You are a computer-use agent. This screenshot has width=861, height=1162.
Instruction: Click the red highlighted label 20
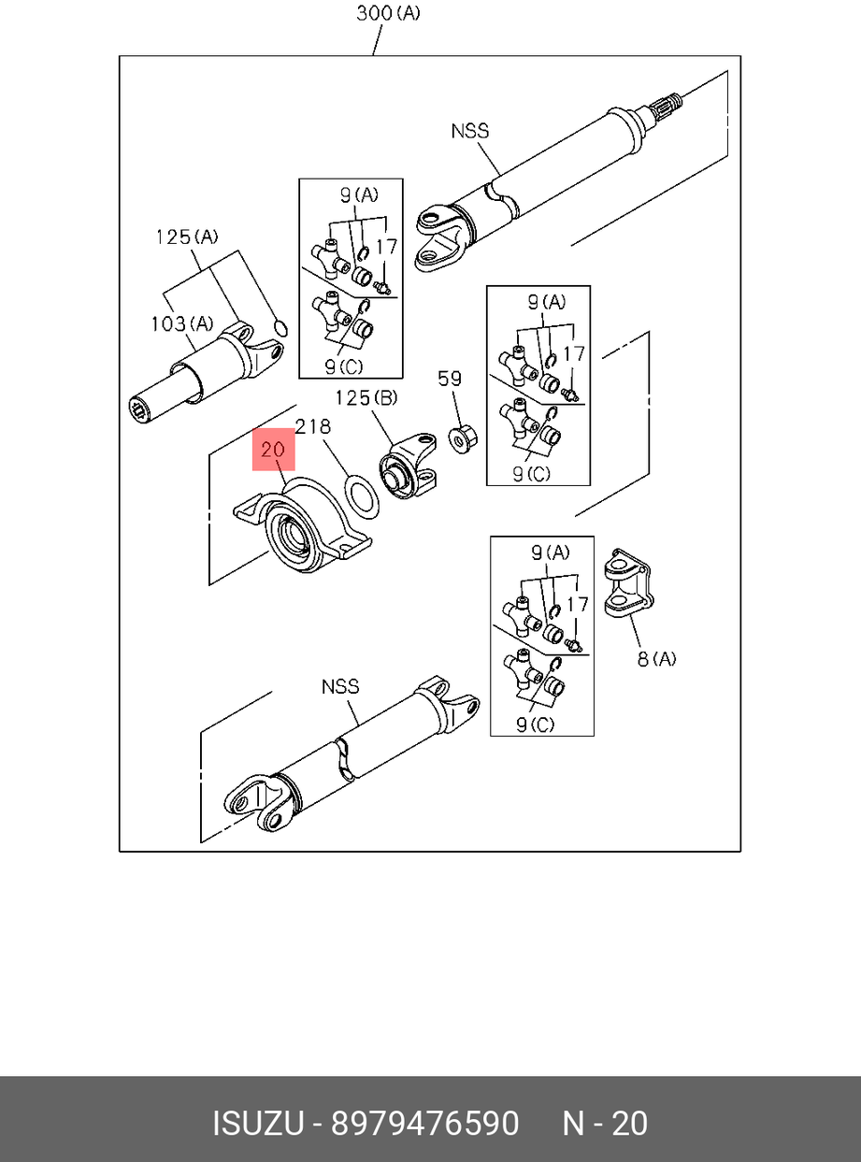(272, 450)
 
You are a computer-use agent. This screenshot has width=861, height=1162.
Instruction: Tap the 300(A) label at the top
(388, 13)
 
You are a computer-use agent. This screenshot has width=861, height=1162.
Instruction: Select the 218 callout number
(312, 426)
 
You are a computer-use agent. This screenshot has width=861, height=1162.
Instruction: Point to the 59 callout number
(450, 378)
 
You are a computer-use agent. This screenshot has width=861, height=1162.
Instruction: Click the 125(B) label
(366, 398)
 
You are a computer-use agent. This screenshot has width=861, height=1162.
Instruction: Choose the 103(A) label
(181, 323)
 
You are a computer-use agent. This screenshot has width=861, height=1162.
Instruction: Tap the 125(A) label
(185, 237)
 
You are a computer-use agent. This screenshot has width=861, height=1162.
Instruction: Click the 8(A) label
(656, 659)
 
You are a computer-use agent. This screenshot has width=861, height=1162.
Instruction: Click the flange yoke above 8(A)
(623, 584)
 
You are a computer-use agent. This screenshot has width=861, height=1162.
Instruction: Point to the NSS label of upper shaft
(470, 131)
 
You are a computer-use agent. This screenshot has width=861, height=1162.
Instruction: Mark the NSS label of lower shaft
(340, 686)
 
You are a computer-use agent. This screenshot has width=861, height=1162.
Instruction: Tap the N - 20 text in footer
(604, 1123)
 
